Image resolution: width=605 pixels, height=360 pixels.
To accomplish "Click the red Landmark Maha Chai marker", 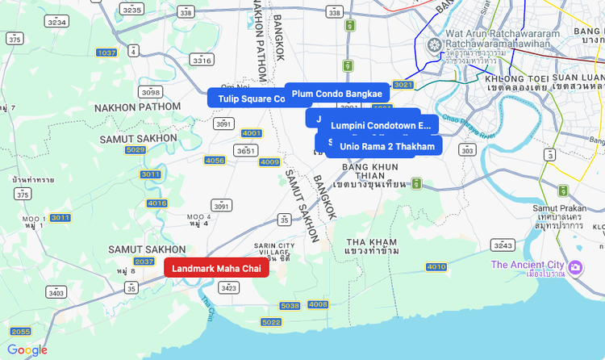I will click(216, 268).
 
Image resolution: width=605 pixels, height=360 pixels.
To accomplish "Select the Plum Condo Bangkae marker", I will click(336, 94).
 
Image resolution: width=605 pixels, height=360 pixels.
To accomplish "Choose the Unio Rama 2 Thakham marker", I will click(386, 146).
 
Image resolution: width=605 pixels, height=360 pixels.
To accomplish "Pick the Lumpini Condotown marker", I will click(381, 126).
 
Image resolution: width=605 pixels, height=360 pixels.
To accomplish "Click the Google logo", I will click(27, 350).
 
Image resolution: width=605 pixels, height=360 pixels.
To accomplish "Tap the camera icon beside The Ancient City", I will click(576, 266).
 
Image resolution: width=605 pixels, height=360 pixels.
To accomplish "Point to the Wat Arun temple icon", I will click(436, 44).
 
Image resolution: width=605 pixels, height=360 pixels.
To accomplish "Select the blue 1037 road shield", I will click(106, 52).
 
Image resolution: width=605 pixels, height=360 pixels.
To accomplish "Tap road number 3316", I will click(202, 61).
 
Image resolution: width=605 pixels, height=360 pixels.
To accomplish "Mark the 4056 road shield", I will click(215, 161).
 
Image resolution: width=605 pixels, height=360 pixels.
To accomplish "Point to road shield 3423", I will click(229, 287).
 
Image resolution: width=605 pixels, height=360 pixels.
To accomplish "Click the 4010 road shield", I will click(436, 266).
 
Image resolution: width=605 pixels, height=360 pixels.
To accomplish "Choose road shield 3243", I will click(503, 245).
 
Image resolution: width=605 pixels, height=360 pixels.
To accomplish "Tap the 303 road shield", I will click(467, 150).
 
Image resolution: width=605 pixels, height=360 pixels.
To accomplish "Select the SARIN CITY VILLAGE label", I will click(274, 249).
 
